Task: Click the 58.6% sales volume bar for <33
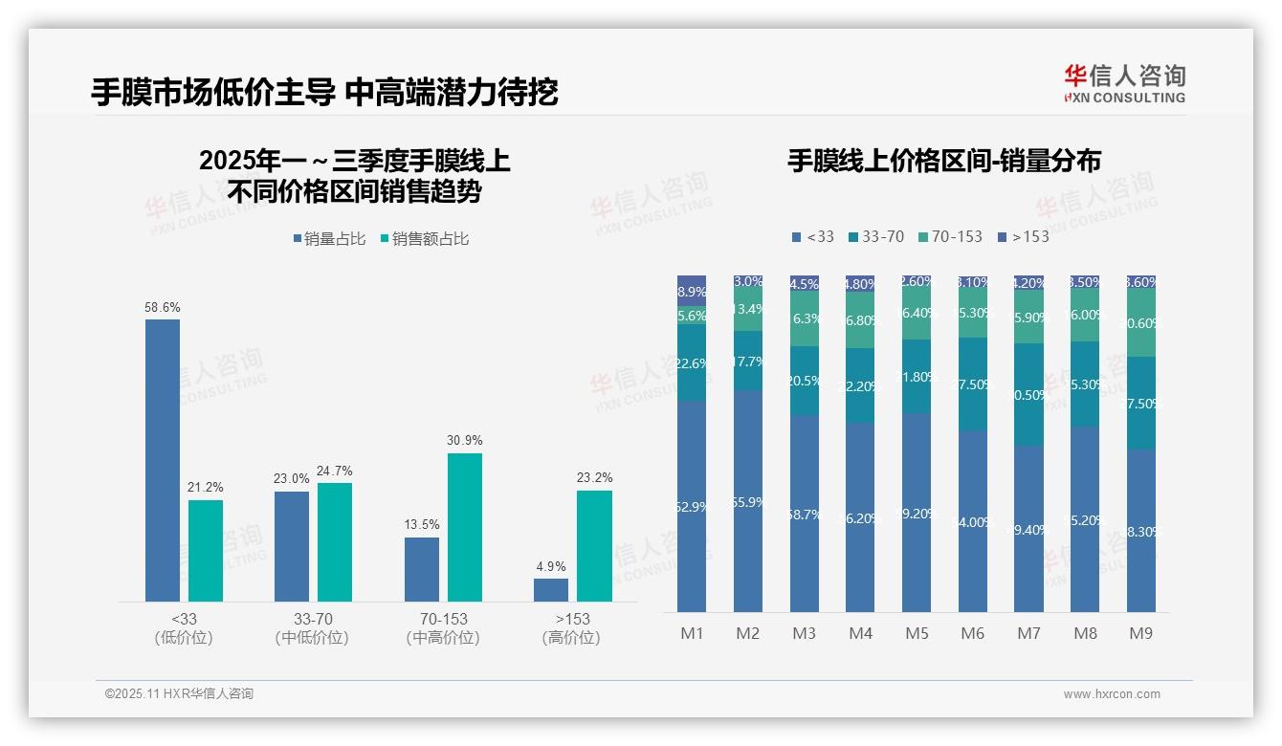point(163,460)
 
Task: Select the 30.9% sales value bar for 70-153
point(465,527)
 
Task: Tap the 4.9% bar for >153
point(551,590)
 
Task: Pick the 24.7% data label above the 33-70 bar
point(335,471)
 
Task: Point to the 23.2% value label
point(594,477)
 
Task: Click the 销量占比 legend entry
point(329,238)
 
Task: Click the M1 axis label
point(692,633)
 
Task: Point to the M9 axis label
point(1141,633)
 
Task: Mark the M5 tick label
point(917,633)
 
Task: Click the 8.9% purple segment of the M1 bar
point(692,291)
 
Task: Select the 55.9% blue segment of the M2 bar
point(748,501)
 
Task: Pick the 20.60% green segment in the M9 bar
point(1141,323)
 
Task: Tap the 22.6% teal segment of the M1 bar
point(692,362)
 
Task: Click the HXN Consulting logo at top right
point(1124,83)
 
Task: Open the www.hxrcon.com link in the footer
point(1112,694)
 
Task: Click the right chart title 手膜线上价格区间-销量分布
point(943,161)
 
